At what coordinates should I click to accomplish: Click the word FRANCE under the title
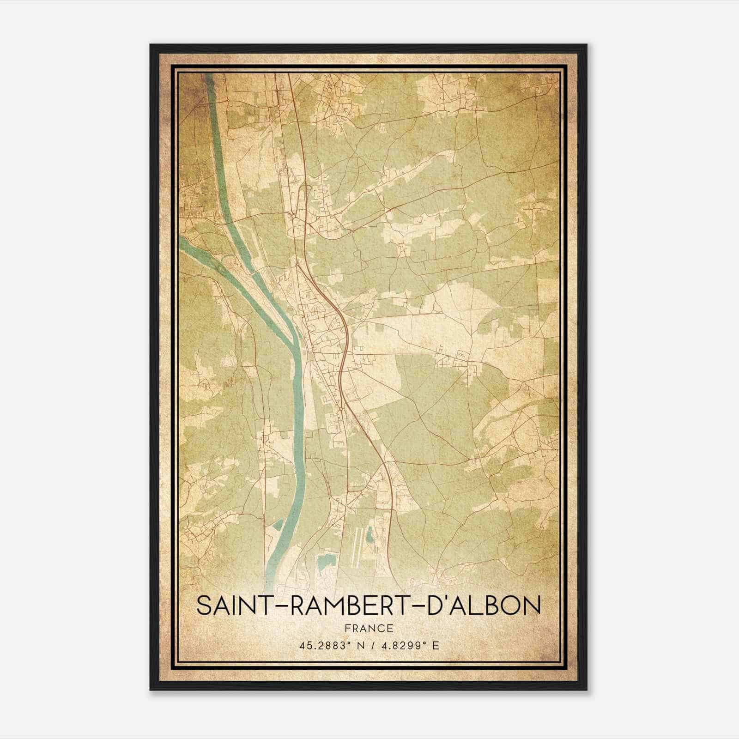pos(369,628)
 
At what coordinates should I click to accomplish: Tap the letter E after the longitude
pos(436,646)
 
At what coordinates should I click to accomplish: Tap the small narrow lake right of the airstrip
pos(370,535)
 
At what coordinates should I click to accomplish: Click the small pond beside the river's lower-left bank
pos(278,524)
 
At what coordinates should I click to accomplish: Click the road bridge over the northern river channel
pos(238,217)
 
